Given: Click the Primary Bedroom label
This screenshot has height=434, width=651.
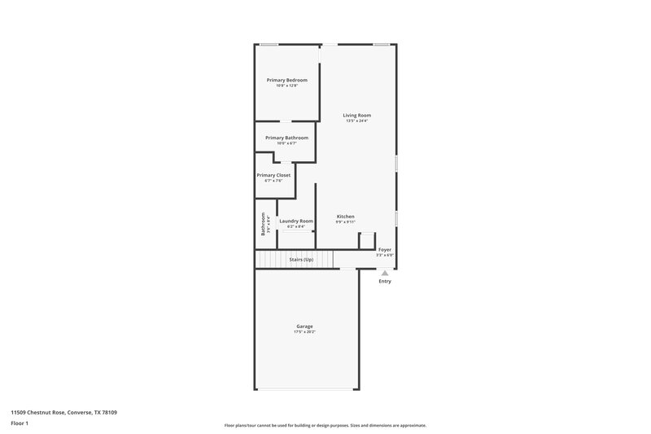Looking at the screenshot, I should point(287,80).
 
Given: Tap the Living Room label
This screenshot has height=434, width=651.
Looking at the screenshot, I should point(356,116).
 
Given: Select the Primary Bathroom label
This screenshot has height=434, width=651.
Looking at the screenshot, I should point(286,138).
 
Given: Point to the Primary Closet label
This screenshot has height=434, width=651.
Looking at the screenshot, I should point(273,175).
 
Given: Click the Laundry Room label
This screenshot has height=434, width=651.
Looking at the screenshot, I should point(295,221).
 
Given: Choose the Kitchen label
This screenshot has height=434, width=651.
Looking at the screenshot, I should point(346,217).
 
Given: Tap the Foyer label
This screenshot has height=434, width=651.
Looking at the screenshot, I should point(385,249).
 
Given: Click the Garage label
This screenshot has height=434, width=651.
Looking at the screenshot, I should point(304,327).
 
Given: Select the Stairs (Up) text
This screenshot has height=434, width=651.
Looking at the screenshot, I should point(301,259).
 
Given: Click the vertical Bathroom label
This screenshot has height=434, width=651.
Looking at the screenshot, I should point(263,222).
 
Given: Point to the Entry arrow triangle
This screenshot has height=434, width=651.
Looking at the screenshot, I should point(385,274).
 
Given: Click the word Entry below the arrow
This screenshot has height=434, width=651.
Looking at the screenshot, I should point(385,282).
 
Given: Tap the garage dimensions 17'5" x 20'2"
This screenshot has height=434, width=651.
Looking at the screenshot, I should point(304,332).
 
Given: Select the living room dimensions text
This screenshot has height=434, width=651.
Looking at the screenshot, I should point(356,121).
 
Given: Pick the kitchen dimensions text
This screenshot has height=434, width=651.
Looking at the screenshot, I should point(346,221).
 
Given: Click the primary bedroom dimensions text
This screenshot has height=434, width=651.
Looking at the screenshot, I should point(287,85).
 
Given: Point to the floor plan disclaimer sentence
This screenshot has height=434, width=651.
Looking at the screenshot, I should point(325,425).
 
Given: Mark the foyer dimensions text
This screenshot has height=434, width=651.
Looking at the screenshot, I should point(385,255).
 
